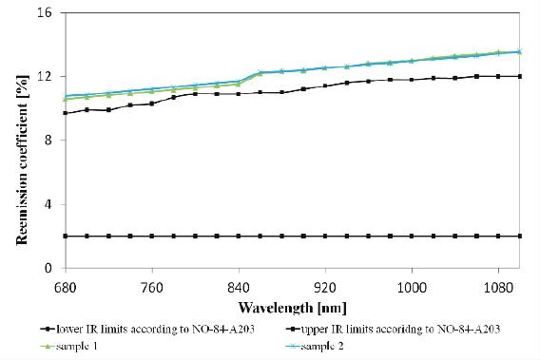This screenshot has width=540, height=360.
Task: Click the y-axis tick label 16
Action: [x=46, y=13]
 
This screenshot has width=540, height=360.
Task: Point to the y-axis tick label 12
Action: [x=46, y=77]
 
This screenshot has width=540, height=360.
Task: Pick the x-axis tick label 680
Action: [x=65, y=284]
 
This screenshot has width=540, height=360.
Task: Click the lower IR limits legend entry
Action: [x=143, y=330]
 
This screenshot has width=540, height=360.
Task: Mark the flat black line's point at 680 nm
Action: [x=65, y=236]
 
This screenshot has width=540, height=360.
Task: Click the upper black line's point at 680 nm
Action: [x=65, y=113]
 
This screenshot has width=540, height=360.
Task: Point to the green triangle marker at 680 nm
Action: [x=65, y=99]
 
